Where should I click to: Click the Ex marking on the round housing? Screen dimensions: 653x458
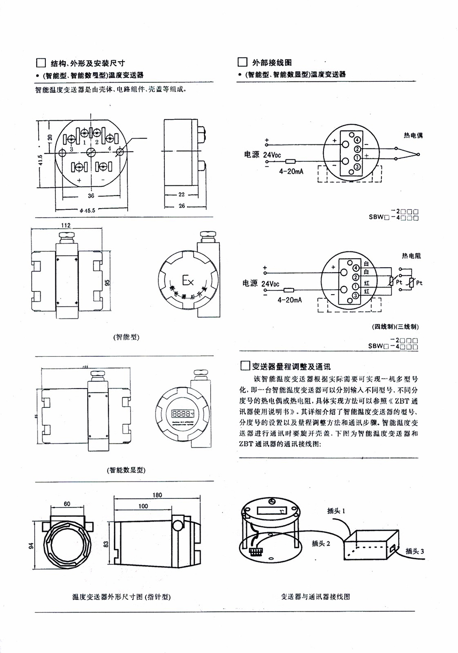pyautogui.click(x=187, y=280)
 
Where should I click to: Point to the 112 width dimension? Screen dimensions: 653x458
pyautogui.click(x=66, y=225)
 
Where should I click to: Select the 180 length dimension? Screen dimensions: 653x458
pyautogui.click(x=157, y=495)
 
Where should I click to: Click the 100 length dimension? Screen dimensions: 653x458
pyautogui.click(x=143, y=506)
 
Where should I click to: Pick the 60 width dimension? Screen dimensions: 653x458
pyautogui.click(x=67, y=504)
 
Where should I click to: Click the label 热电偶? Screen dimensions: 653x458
pyautogui.click(x=413, y=136)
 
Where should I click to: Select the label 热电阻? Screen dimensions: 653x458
pyautogui.click(x=411, y=256)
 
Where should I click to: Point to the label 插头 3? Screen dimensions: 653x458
pyautogui.click(x=415, y=551)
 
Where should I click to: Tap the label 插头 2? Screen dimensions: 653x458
pyautogui.click(x=321, y=543)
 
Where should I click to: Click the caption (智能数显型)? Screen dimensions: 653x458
pyautogui.click(x=126, y=470)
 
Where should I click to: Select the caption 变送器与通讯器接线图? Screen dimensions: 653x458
pyautogui.click(x=315, y=597)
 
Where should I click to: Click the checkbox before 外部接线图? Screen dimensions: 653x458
pyautogui.click(x=242, y=62)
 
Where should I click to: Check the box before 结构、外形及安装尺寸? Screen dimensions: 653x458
pyautogui.click(x=40, y=63)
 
